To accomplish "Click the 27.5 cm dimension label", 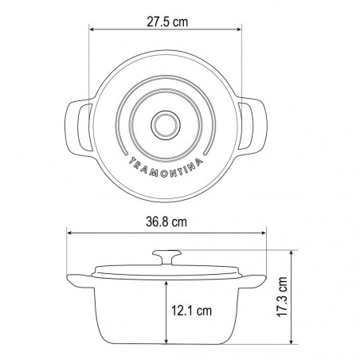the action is (x=167, y=22).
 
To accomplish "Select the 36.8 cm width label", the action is (x=166, y=222).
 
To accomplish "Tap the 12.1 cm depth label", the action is (x=191, y=311).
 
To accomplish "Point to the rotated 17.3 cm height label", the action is (x=282, y=296).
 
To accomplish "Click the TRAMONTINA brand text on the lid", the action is (x=166, y=168).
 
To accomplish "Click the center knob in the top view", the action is (x=166, y=125).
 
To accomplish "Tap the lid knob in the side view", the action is (x=167, y=257).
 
